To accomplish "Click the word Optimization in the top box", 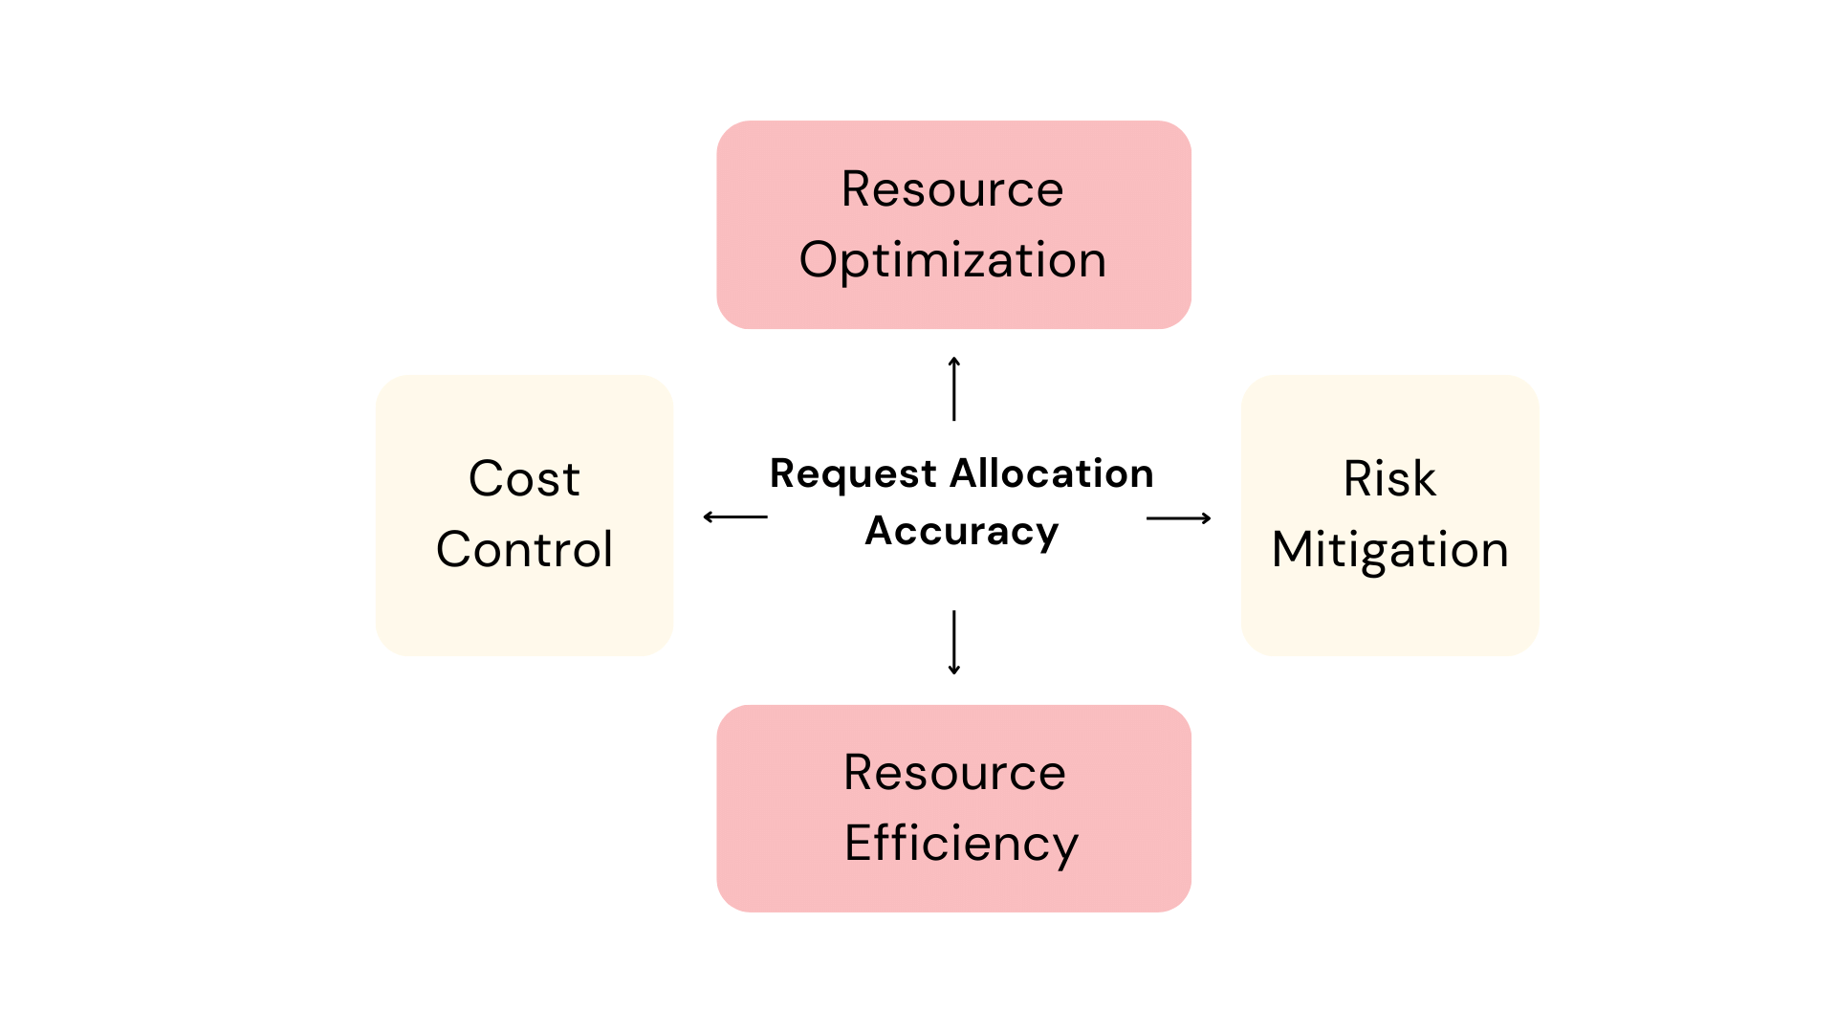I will [x=952, y=260].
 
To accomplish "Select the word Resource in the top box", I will [x=952, y=189].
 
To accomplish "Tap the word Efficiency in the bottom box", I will [x=961, y=844].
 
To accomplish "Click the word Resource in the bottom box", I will [x=954, y=773].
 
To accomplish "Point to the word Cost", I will [x=524, y=478].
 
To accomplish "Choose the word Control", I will [x=524, y=549].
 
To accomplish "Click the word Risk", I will [x=1389, y=478].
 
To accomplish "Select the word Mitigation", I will [x=1389, y=550].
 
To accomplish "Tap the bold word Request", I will [x=853, y=474].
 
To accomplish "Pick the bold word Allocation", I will [x=1052, y=473].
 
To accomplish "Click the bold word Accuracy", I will [x=962, y=531].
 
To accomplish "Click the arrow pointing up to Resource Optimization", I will [x=954, y=389].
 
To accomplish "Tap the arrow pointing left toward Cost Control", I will [x=735, y=517].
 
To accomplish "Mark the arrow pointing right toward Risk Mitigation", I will [x=1179, y=518].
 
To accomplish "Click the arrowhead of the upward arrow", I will [x=954, y=361].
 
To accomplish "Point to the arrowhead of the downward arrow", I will [x=954, y=670].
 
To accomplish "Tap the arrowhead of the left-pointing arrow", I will [x=708, y=517].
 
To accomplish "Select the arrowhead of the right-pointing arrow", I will [x=1207, y=518].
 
